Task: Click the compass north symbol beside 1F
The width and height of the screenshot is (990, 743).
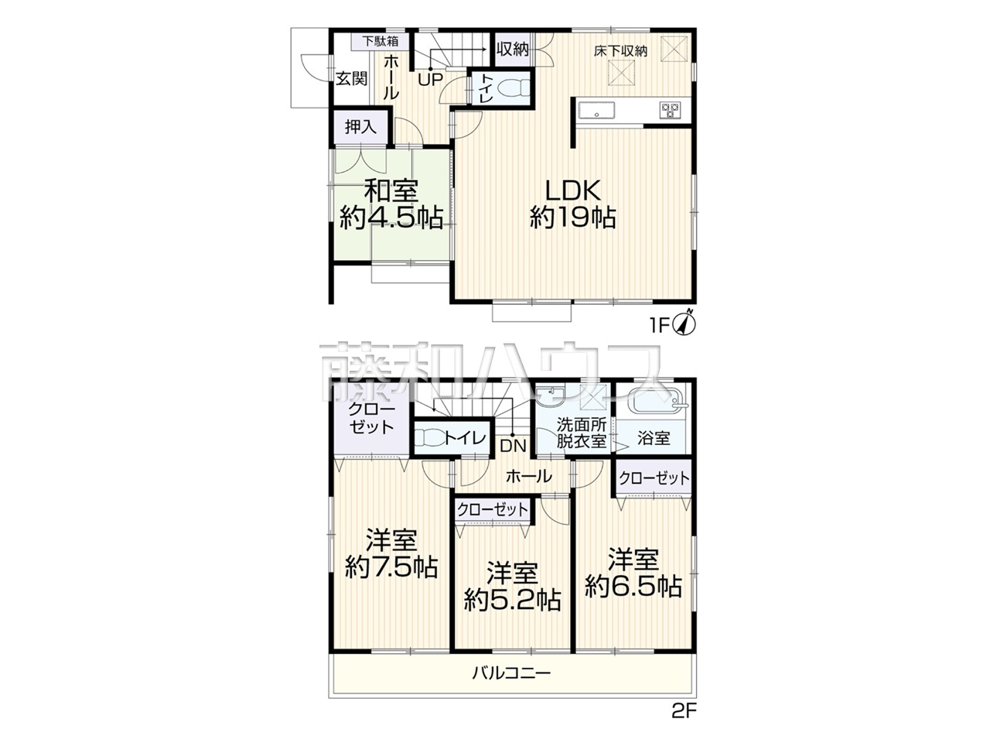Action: (x=684, y=323)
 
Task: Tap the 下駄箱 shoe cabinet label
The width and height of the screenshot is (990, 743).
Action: (x=381, y=42)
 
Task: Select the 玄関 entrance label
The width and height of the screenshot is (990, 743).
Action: (x=352, y=78)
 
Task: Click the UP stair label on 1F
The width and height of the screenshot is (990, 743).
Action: (x=430, y=80)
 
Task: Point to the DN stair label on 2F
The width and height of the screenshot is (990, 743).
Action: (x=514, y=446)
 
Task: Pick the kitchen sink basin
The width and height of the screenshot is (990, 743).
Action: (x=596, y=111)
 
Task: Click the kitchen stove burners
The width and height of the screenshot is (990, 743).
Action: (x=669, y=110)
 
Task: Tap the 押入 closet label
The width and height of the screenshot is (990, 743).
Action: (x=360, y=127)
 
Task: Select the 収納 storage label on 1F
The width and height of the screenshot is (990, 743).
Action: (x=512, y=50)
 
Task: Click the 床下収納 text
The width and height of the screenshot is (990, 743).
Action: (x=620, y=51)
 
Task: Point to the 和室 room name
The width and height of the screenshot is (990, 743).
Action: (x=391, y=191)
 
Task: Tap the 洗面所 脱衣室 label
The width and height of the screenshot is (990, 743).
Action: (x=582, y=433)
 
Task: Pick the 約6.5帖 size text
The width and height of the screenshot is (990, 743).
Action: (x=633, y=587)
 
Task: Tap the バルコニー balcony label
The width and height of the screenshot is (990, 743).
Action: (x=511, y=687)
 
